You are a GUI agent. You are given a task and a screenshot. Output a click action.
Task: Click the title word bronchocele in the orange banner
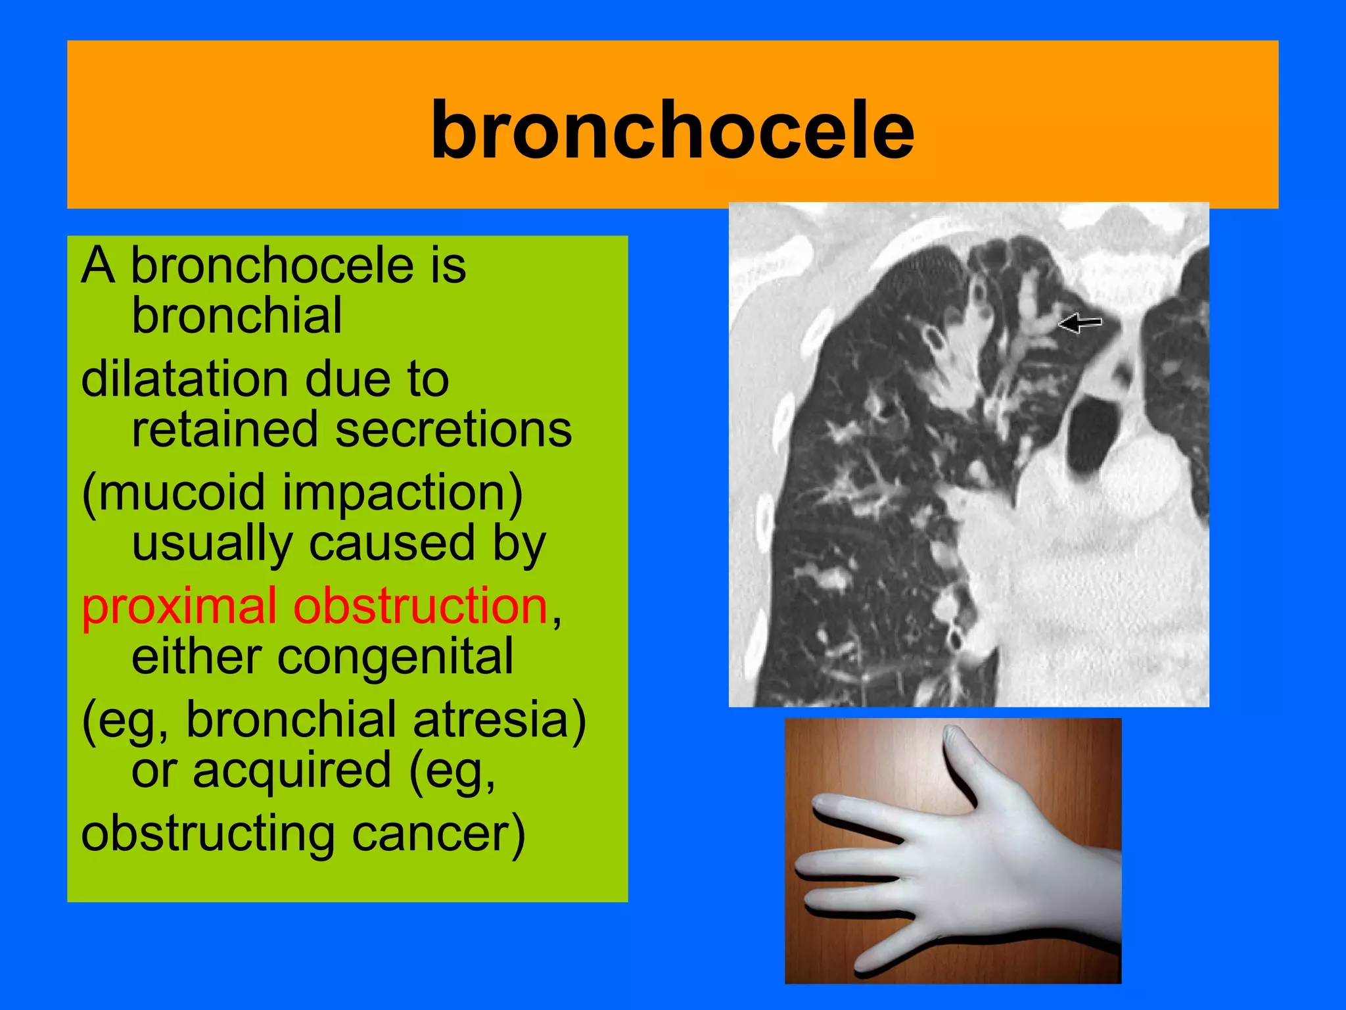(x=672, y=130)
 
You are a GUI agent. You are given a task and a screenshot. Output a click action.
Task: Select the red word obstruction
(x=420, y=606)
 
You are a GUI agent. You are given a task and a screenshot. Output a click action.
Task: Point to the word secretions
(x=453, y=429)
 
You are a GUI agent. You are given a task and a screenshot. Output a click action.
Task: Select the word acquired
(x=292, y=770)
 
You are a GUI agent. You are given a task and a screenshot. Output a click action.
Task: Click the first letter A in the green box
(x=97, y=265)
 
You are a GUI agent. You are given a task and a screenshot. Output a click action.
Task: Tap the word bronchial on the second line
(x=237, y=316)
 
